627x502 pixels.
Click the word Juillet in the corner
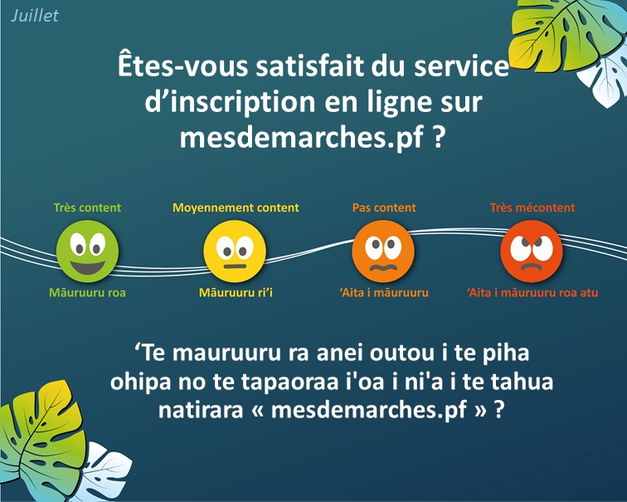pos(34,16)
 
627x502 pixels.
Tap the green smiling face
pos(87,251)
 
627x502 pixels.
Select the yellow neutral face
pos(235,251)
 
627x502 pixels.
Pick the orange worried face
pos(383,251)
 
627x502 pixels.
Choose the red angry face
pos(532,251)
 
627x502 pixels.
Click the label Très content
pos(87,207)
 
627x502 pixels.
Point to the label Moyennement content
pos(236,208)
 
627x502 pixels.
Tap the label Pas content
pos(384,207)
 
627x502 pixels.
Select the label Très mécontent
pos(532,207)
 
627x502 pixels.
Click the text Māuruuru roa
pos(87,292)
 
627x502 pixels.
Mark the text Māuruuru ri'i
pos(236,292)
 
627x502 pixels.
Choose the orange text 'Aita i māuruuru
pos(384,292)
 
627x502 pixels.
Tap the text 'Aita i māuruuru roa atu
pos(532,292)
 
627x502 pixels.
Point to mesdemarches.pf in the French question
pos(302,138)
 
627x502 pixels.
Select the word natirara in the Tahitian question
pos(201,410)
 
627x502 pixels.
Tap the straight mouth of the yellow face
pos(235,266)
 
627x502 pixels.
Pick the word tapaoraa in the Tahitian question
pos(289,383)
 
